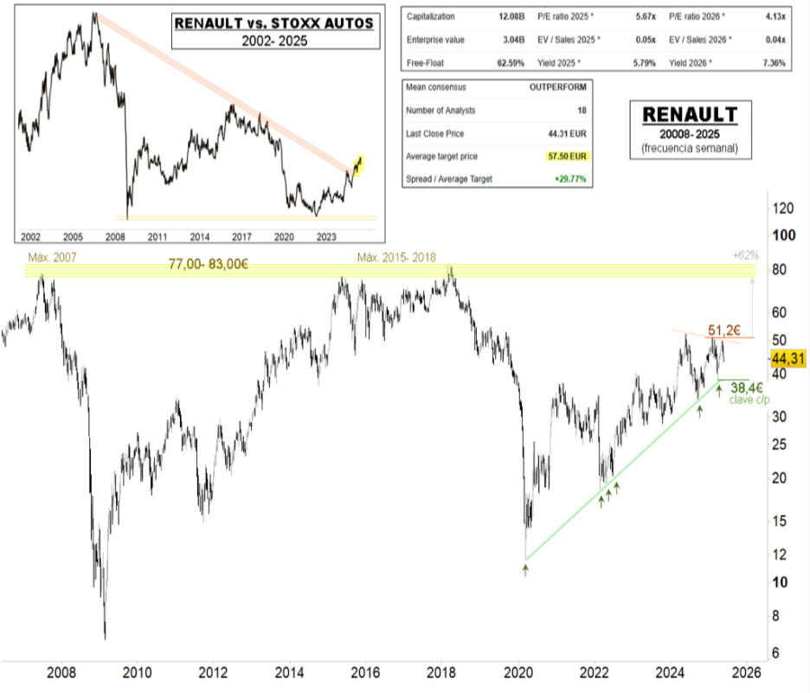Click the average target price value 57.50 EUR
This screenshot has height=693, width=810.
(569, 156)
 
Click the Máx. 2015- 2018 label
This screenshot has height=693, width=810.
(397, 257)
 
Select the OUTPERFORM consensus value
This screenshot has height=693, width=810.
(558, 88)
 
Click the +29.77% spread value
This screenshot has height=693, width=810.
(569, 179)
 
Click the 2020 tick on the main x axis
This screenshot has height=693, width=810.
(519, 671)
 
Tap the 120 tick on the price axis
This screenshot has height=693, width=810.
(783, 209)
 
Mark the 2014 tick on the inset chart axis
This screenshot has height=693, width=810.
(199, 235)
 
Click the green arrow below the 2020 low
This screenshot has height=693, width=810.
(525, 568)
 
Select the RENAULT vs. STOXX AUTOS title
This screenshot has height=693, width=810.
(274, 22)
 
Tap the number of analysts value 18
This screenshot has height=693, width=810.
(581, 111)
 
